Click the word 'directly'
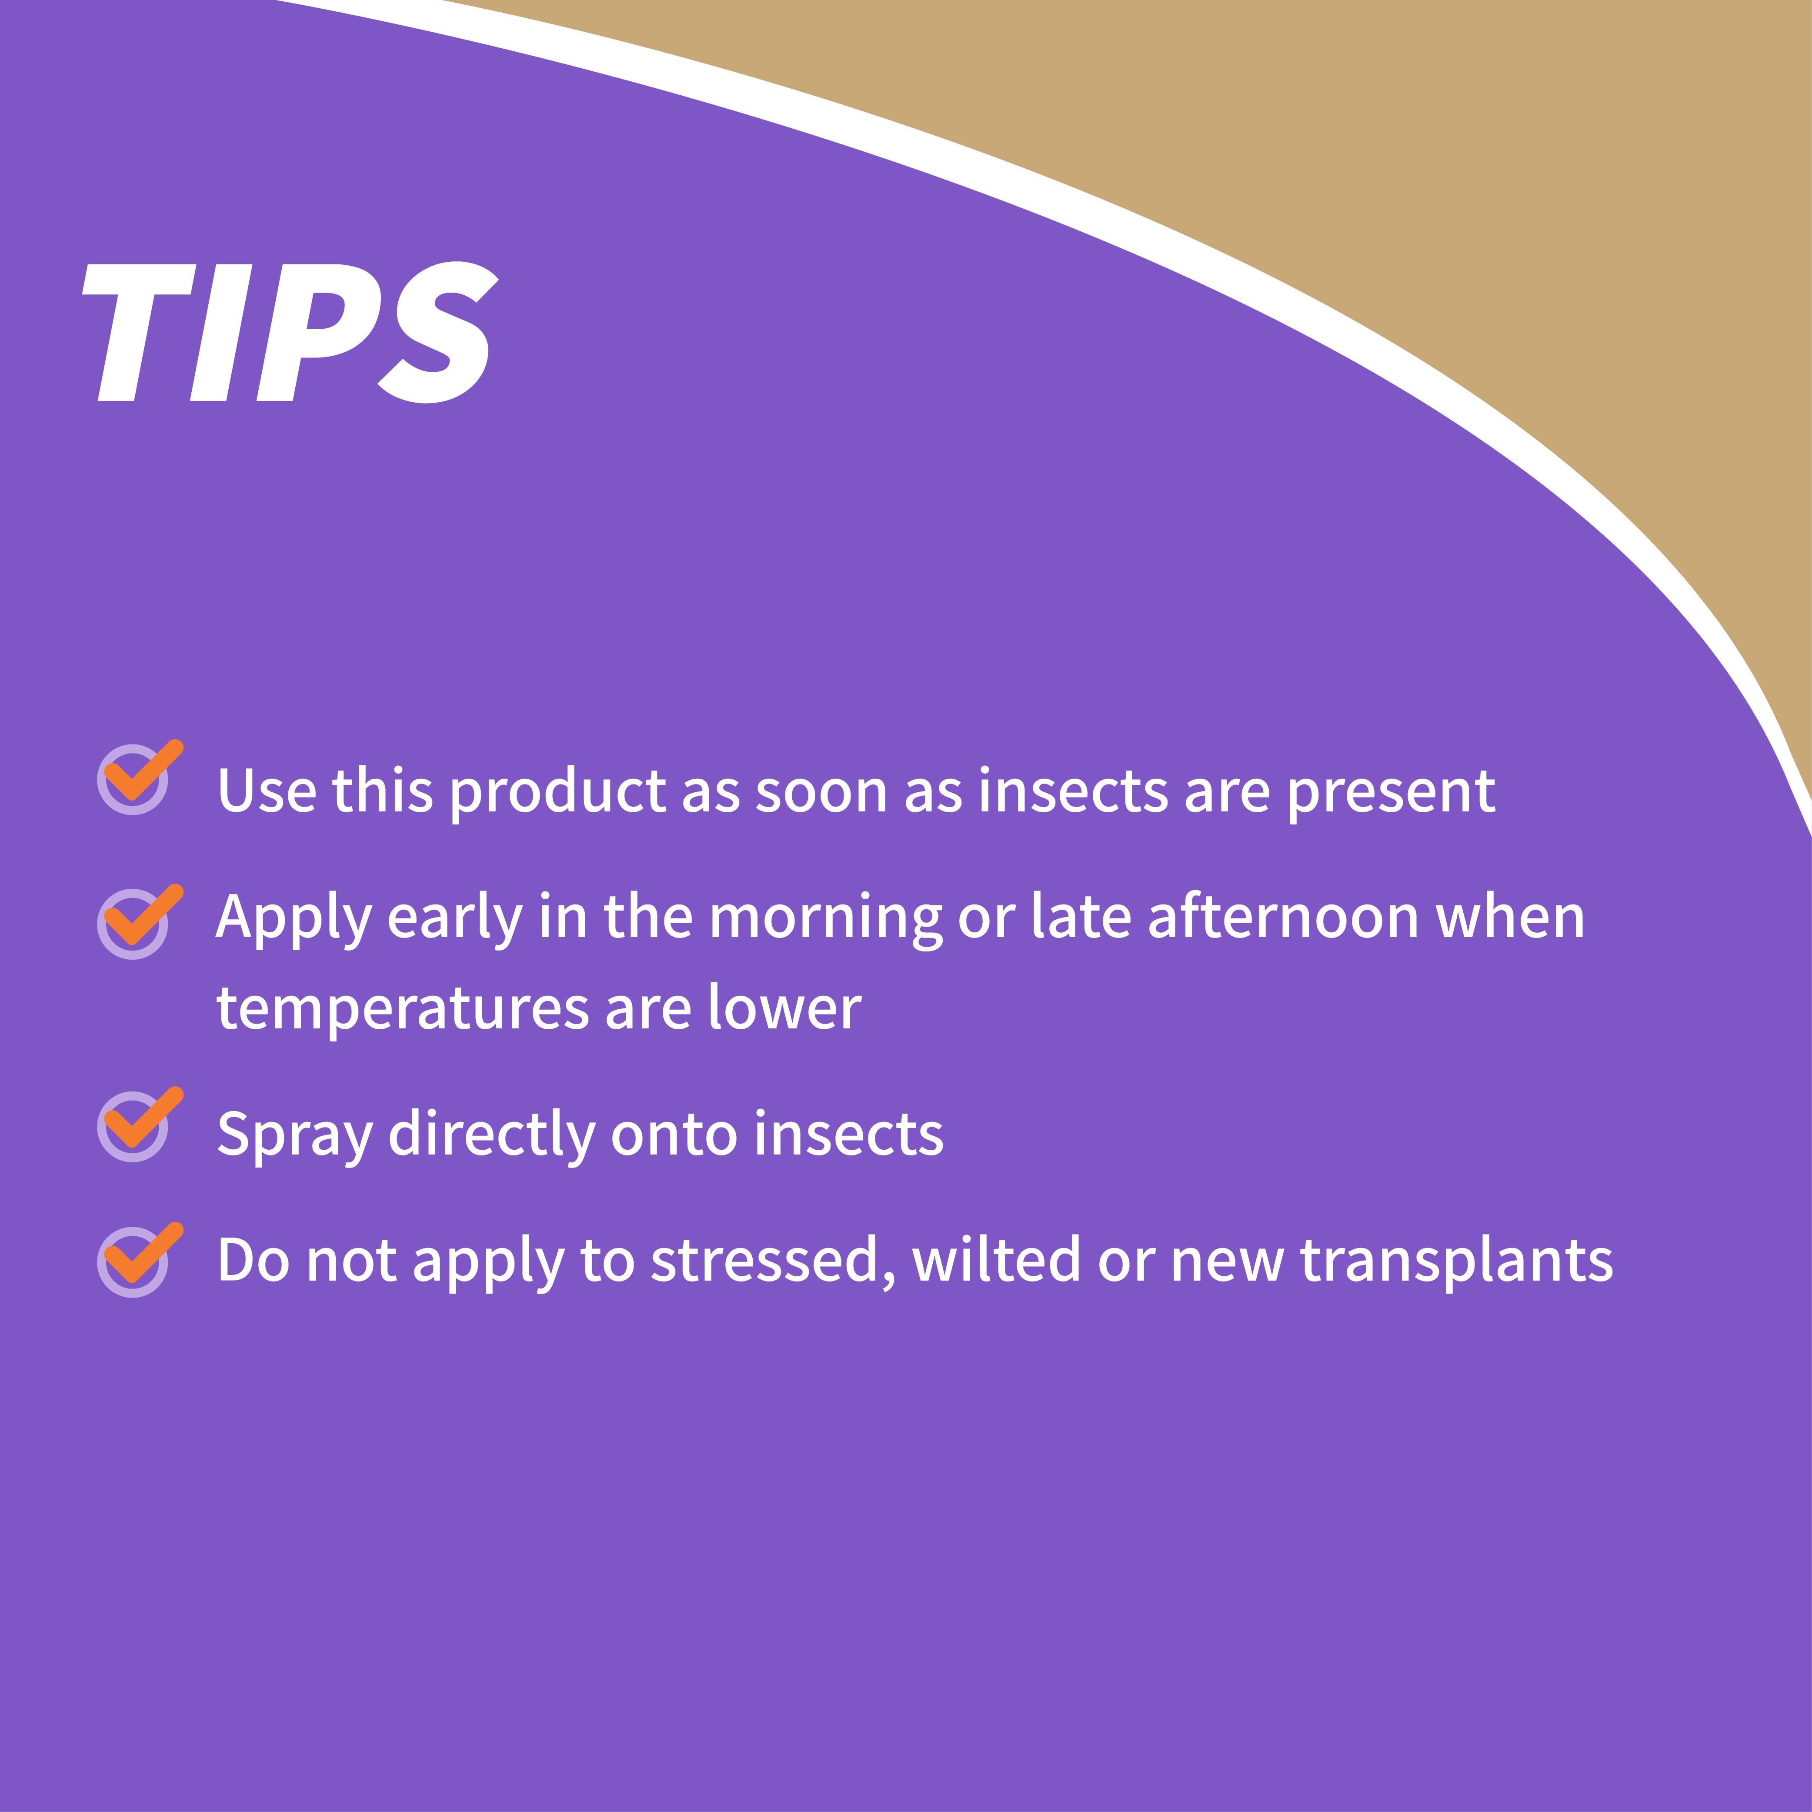coord(491,1135)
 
